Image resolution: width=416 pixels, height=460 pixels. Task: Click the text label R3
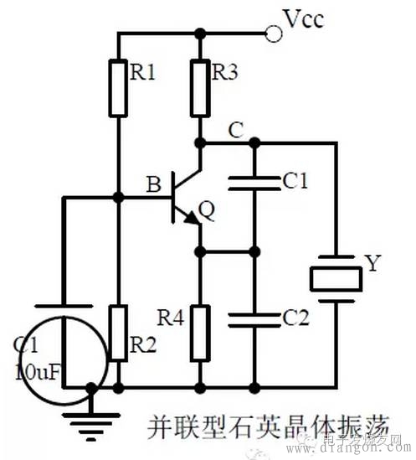coord(227,73)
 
